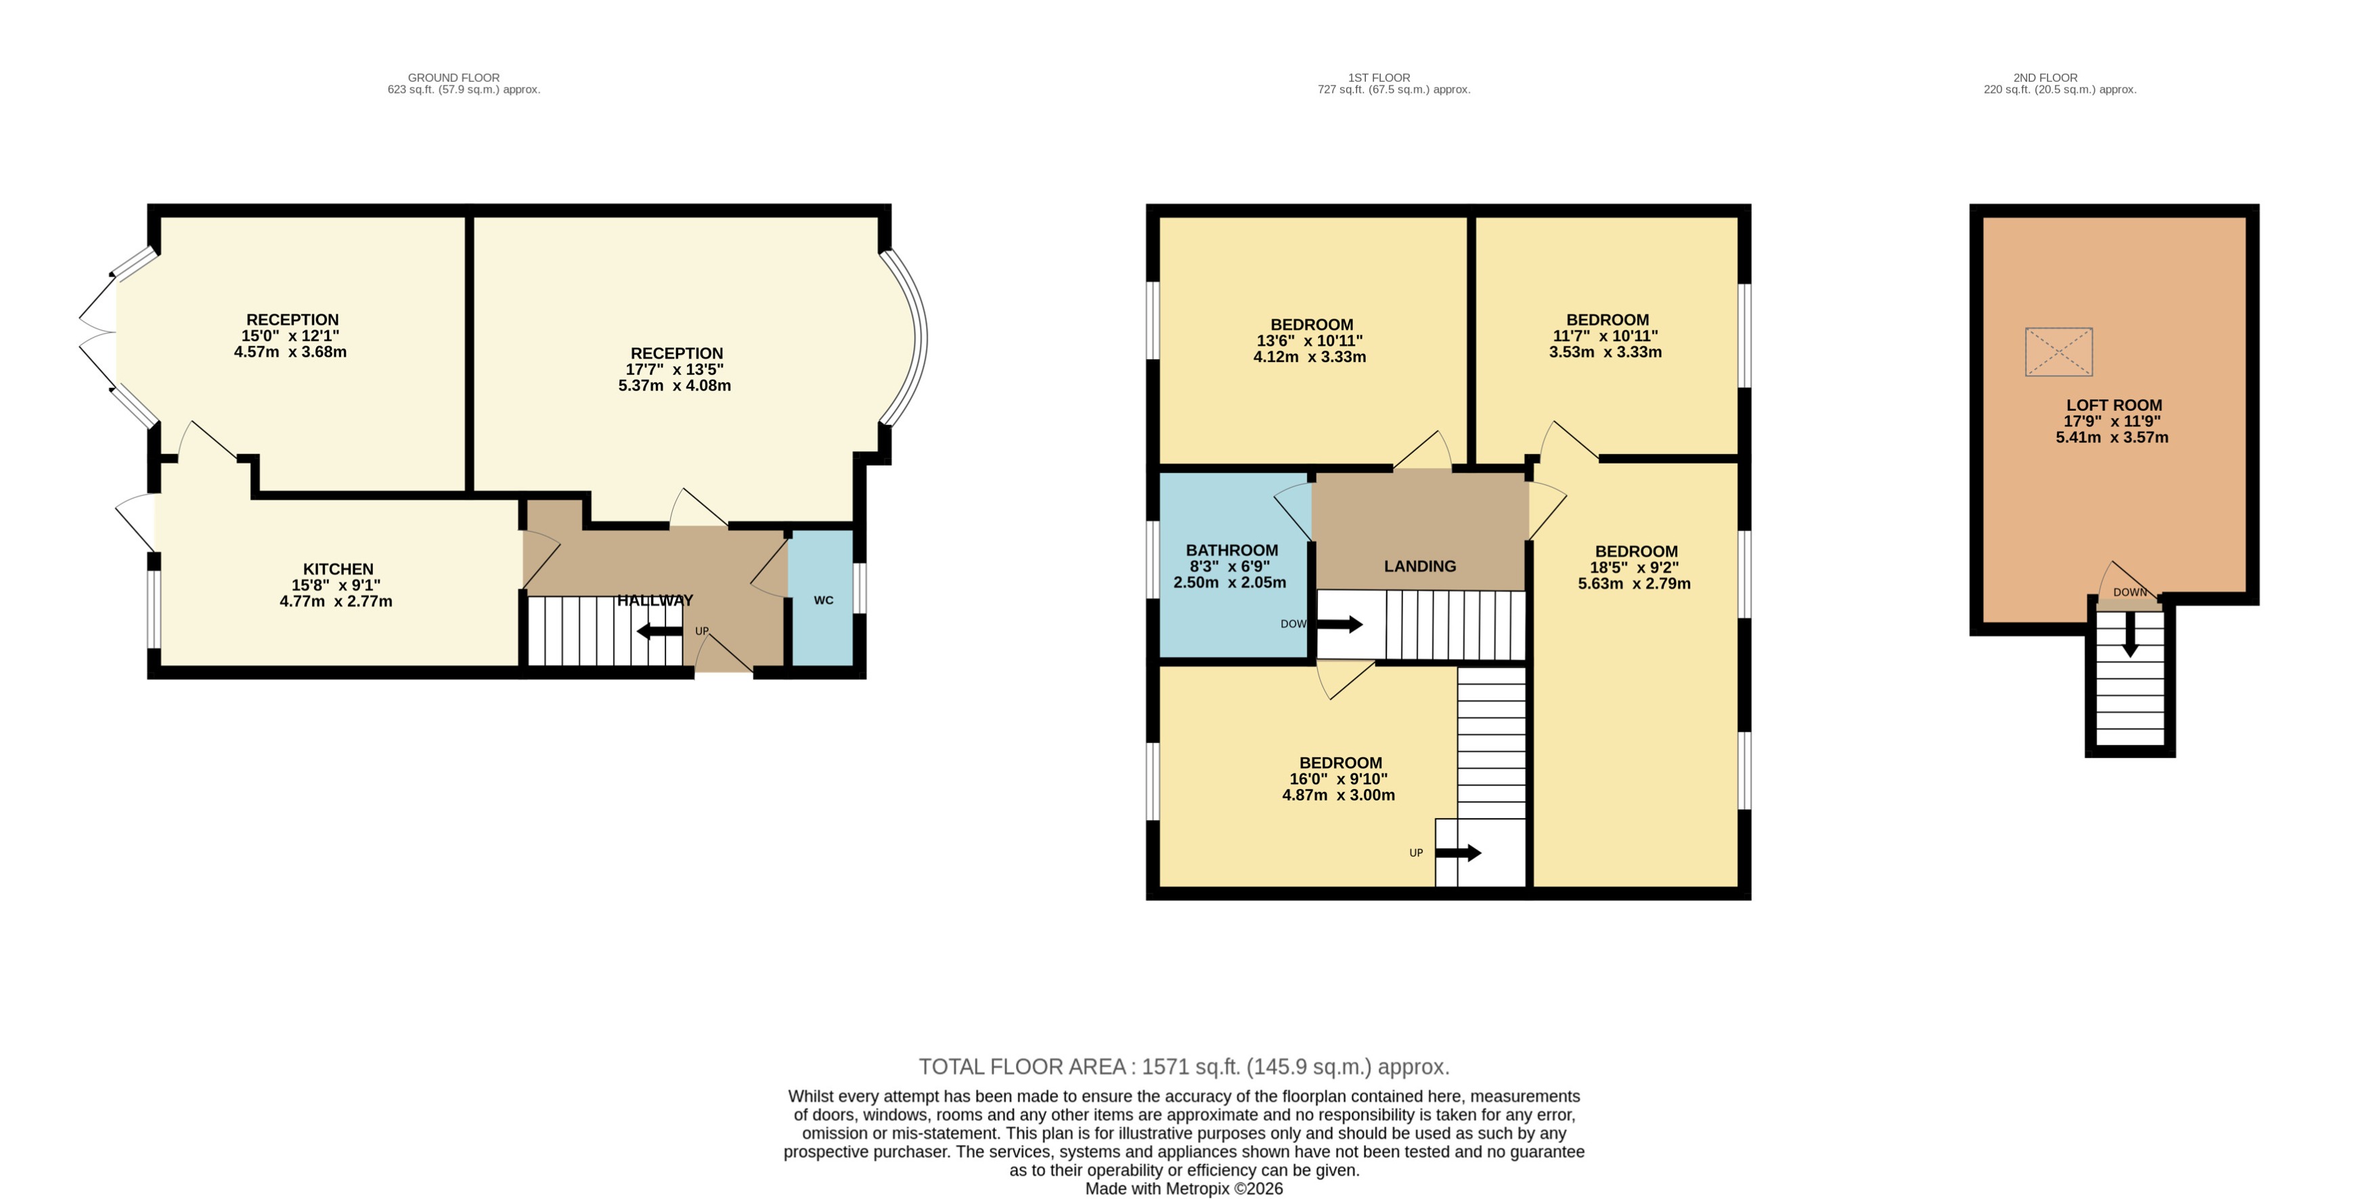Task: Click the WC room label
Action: pos(823,600)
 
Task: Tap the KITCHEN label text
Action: pos(338,569)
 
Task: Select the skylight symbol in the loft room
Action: pos(2058,351)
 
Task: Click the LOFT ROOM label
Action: pos(2113,405)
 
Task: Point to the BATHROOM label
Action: pos(1231,551)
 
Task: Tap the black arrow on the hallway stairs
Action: pos(659,631)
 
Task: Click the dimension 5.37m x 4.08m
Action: pos(674,385)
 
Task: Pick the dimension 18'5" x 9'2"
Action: pos(1634,567)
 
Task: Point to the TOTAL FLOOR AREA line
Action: pos(1184,1066)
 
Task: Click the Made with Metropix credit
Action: pos(1184,1188)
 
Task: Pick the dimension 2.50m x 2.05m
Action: pos(1230,582)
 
